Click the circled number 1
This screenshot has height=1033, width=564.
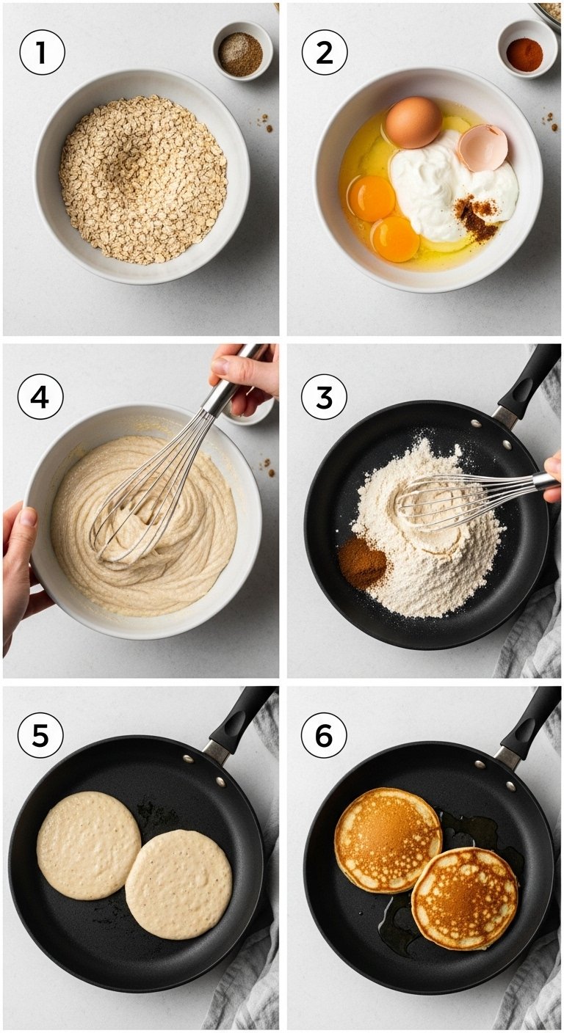pyautogui.click(x=42, y=52)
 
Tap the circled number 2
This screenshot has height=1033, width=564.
pyautogui.click(x=325, y=52)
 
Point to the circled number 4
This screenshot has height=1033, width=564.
pyautogui.click(x=40, y=396)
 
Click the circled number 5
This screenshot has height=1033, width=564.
pyautogui.click(x=40, y=736)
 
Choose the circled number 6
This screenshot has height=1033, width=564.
pyautogui.click(x=324, y=736)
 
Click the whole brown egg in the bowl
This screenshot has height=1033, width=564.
pyautogui.click(x=413, y=123)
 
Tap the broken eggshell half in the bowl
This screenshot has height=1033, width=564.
pyautogui.click(x=482, y=147)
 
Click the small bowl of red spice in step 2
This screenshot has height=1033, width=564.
pyautogui.click(x=527, y=49)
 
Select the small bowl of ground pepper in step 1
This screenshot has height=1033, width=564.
pyautogui.click(x=243, y=51)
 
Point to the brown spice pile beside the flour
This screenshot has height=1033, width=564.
pyautogui.click(x=362, y=562)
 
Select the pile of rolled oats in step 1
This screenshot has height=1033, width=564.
pyautogui.click(x=143, y=179)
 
